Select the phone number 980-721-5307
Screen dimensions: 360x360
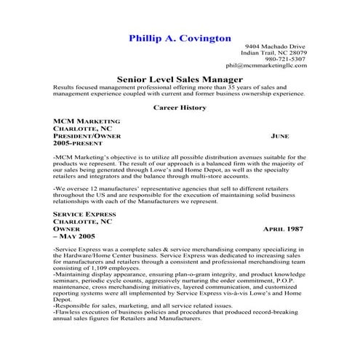[285, 60]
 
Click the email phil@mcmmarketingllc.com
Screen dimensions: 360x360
[266, 66]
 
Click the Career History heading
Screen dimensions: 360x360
[180, 108]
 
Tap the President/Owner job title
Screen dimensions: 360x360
[87, 136]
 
